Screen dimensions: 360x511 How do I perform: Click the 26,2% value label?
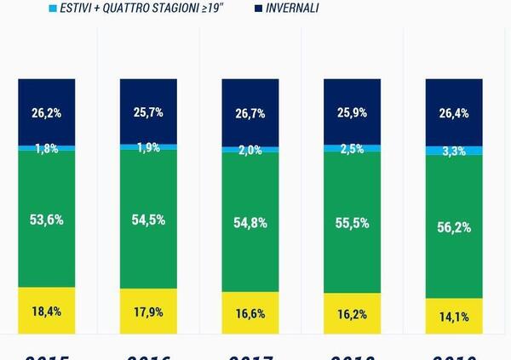pos(46,111)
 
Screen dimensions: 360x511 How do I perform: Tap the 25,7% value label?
pos(148,111)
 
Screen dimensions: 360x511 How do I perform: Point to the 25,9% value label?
pos(353,111)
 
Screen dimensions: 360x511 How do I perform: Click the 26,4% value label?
pos(454,111)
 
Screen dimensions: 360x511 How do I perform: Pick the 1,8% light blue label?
pos(46,149)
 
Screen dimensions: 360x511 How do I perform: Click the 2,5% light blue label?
pos(353,149)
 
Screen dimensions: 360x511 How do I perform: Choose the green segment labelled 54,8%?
pos(250,223)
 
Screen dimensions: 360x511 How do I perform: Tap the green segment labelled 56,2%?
pos(454,226)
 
